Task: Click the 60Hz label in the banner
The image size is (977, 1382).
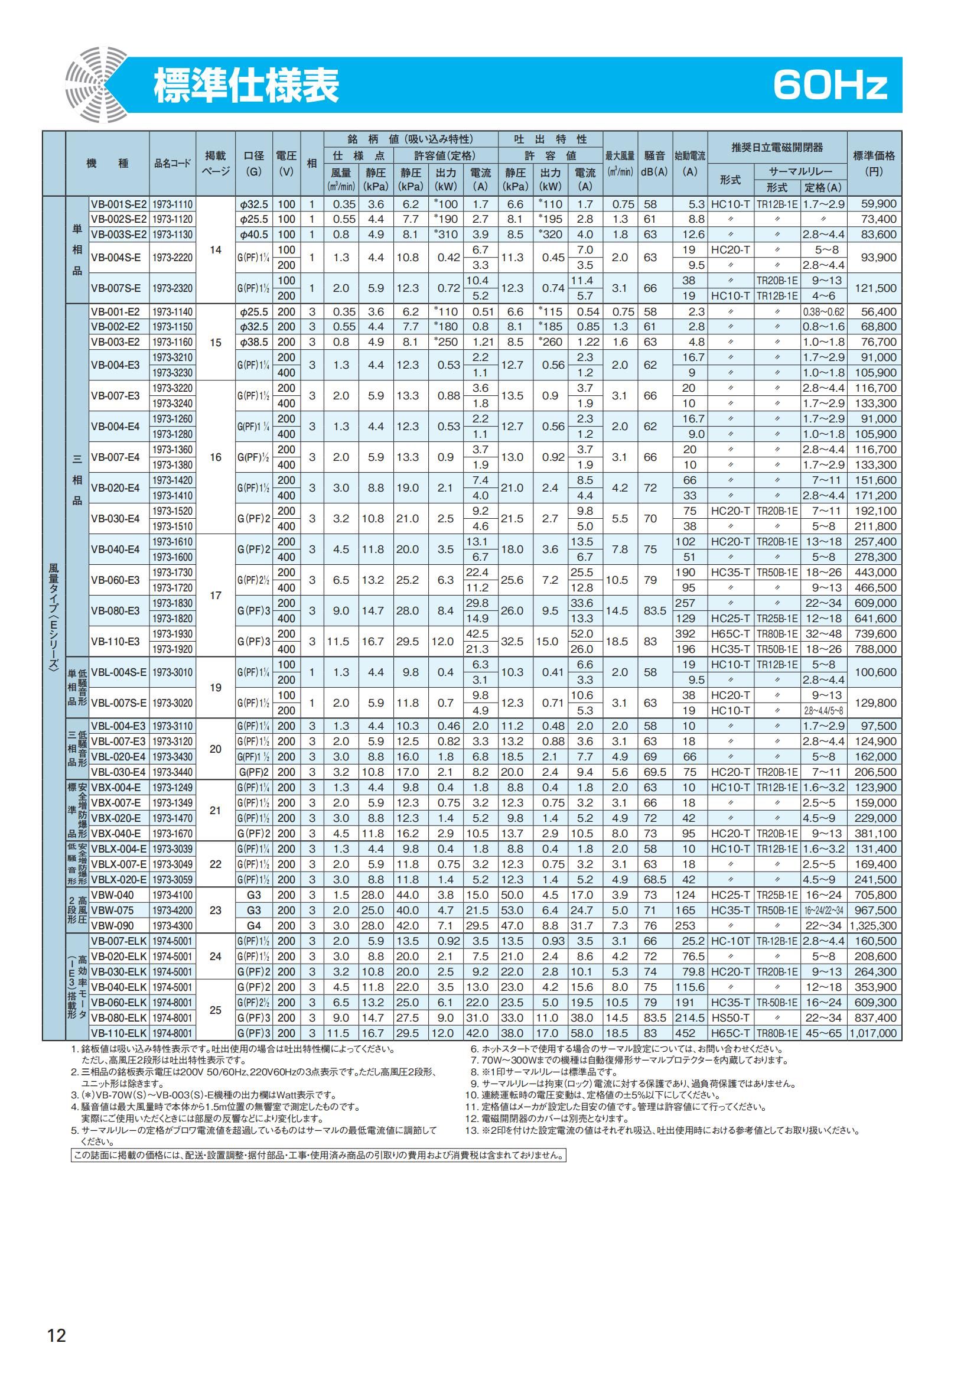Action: (x=829, y=86)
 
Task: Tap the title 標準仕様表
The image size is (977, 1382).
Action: (x=247, y=86)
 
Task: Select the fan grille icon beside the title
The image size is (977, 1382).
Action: (x=96, y=86)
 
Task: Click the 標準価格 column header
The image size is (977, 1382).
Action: (x=874, y=163)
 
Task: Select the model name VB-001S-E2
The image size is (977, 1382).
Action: (x=119, y=204)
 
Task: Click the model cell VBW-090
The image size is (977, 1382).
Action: (x=112, y=926)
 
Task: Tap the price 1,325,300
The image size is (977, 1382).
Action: (x=874, y=926)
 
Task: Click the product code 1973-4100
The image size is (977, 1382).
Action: (x=172, y=895)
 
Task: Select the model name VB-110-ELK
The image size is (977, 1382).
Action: (x=119, y=1033)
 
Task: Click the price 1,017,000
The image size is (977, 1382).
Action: (x=874, y=1033)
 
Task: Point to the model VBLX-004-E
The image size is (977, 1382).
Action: (x=119, y=848)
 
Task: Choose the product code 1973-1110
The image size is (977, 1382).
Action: (x=172, y=204)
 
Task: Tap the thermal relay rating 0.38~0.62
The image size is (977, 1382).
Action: (x=823, y=312)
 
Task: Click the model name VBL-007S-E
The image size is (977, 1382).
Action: (x=119, y=703)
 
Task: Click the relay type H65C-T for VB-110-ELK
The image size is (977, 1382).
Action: (x=730, y=1033)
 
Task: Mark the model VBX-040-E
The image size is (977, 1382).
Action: (x=116, y=834)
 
